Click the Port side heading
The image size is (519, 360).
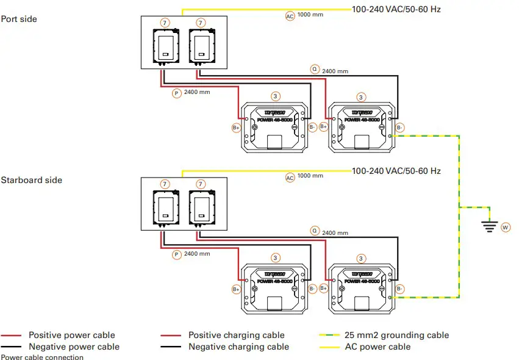[x=19, y=19]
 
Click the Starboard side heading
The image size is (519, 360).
[x=31, y=180]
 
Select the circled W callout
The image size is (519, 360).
[x=505, y=227]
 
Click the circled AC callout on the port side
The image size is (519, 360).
[x=290, y=16]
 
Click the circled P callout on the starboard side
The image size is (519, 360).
[x=176, y=254]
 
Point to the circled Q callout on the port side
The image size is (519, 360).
[x=315, y=69]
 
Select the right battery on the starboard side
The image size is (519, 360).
[x=362, y=289]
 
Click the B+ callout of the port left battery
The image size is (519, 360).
[x=236, y=128]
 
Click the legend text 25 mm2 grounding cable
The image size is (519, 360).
[x=396, y=335]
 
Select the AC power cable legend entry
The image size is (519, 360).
[x=378, y=347]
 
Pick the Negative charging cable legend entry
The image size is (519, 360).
[x=238, y=347]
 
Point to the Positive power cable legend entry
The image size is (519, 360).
[x=71, y=335]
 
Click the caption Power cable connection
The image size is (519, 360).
[x=42, y=357]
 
